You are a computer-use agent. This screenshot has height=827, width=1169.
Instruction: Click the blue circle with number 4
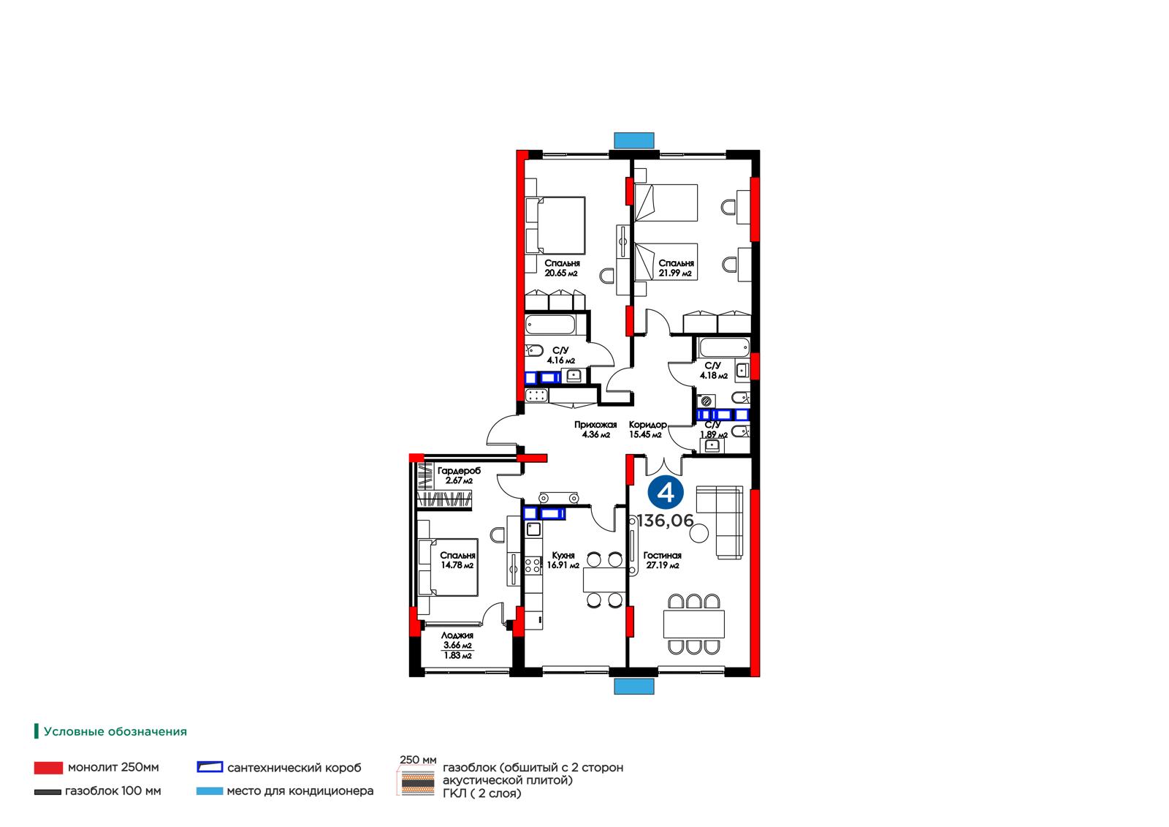coord(666,493)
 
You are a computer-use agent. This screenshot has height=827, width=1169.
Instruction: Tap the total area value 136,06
coord(666,521)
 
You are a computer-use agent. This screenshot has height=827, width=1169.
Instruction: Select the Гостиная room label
coord(662,555)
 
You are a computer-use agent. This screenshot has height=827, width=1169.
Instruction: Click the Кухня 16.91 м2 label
coord(563,560)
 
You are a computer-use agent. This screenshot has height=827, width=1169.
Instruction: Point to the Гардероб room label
coord(460,471)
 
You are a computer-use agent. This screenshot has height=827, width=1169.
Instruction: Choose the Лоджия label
coord(457,635)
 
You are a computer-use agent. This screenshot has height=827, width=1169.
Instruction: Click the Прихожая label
coord(595,425)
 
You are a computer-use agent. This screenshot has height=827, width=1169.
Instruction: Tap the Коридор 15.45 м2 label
coord(647,429)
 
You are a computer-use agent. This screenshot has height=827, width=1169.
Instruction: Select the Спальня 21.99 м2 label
coord(676,268)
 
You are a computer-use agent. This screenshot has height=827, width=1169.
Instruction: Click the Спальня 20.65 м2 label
coord(562,268)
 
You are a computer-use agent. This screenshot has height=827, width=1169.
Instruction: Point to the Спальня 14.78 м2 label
coord(457,560)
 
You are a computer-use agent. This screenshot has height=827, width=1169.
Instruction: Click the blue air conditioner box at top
coord(634,140)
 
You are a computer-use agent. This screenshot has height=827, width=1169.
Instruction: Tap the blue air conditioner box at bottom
coord(634,686)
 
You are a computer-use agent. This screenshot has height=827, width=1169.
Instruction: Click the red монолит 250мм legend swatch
coord(48,768)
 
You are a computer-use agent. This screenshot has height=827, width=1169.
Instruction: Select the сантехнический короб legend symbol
coord(210,767)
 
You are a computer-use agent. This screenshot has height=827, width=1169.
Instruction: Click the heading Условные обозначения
coord(115,731)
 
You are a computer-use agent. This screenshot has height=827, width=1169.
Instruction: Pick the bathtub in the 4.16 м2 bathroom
coord(550,325)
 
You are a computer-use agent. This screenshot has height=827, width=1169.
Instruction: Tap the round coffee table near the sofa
coord(698,533)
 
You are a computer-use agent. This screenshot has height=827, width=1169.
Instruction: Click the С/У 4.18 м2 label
coord(713,371)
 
